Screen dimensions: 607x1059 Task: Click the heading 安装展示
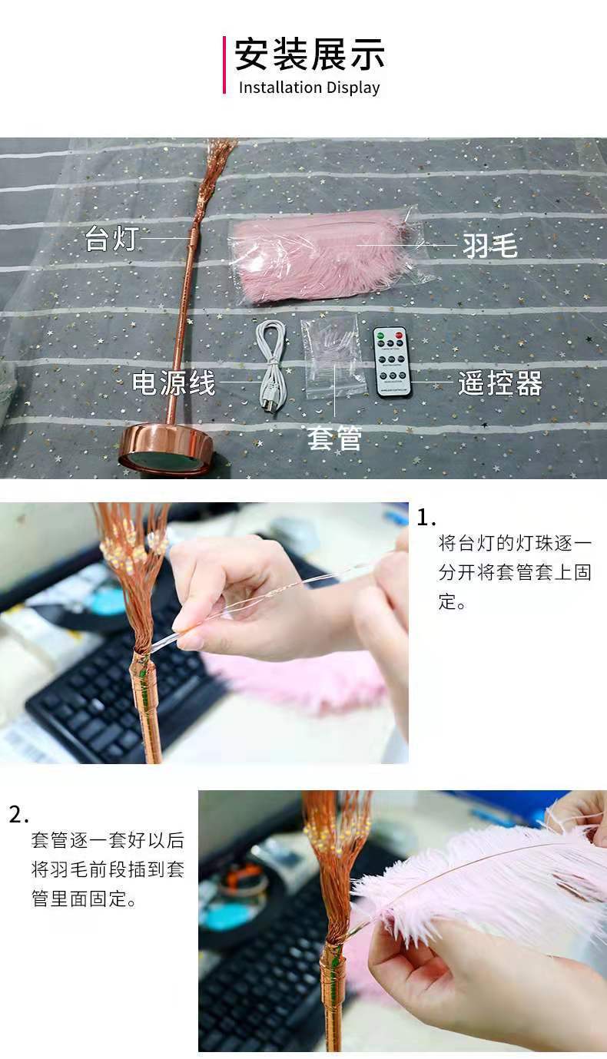(310, 55)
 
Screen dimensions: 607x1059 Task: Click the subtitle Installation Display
(310, 88)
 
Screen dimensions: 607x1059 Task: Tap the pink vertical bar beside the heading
(224, 65)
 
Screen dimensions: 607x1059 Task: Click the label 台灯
(111, 238)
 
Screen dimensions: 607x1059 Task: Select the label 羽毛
(490, 246)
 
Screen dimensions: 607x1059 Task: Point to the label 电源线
(174, 382)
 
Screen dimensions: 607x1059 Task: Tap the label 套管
(334, 438)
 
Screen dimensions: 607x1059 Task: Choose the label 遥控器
(500, 383)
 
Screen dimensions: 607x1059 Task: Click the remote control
(392, 362)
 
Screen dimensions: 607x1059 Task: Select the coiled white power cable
(271, 365)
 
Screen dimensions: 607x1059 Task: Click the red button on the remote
(399, 336)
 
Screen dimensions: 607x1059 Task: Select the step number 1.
(426, 518)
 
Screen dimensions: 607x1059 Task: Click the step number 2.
(19, 815)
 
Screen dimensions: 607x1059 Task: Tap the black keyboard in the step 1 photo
(118, 690)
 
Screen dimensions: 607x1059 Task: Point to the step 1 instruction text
(515, 573)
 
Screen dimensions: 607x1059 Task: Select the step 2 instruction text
(108, 869)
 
